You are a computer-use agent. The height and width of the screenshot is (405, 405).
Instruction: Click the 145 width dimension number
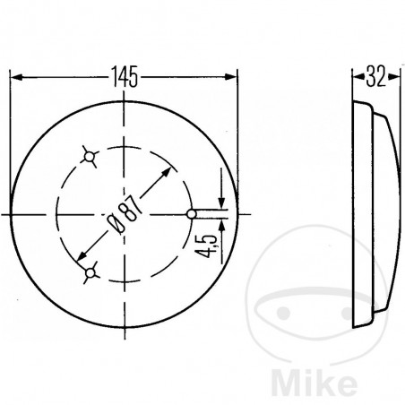125,78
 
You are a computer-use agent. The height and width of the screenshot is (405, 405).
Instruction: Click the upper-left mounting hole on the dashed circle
90,158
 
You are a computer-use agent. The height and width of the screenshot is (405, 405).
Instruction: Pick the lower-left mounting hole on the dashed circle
90,270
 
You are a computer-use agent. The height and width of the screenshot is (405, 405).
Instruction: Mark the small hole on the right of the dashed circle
192,214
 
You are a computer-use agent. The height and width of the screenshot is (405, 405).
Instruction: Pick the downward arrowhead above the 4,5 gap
219,203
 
